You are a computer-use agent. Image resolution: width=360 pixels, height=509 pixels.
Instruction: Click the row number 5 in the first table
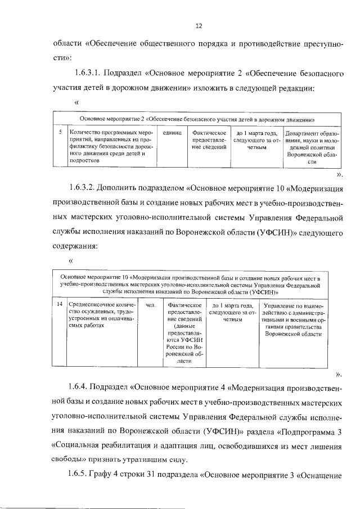click(x=60, y=132)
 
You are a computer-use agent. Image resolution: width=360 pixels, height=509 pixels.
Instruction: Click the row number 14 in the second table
click(x=60, y=305)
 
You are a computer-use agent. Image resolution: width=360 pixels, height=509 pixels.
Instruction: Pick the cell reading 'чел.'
click(x=150, y=305)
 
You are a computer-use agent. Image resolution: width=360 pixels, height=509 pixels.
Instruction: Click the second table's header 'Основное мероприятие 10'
click(x=191, y=285)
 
